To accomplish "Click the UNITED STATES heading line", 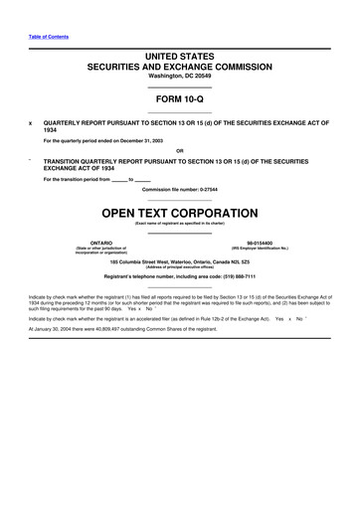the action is pyautogui.click(x=179, y=60).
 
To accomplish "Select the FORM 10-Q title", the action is pyautogui.click(x=179, y=100).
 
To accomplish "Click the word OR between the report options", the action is pyautogui.click(x=179, y=151).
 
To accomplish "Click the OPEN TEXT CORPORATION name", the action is pyautogui.click(x=179, y=213).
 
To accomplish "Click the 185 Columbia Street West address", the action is pyautogui.click(x=179, y=261).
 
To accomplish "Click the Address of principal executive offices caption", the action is pyautogui.click(x=179, y=267).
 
